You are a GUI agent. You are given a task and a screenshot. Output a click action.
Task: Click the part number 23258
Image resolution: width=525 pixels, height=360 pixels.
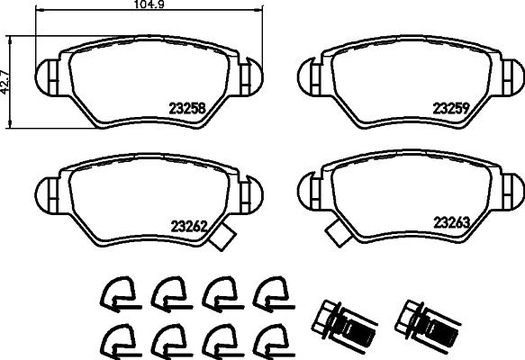(x=188, y=107)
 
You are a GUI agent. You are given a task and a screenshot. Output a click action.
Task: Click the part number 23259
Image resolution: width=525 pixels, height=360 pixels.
(x=454, y=105)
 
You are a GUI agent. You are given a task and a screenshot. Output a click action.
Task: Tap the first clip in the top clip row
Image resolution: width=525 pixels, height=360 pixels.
(x=115, y=291)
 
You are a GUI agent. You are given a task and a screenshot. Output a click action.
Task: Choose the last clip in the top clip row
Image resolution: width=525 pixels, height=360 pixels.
(x=268, y=291)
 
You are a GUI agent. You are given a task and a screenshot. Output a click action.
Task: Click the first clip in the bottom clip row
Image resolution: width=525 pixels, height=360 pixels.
(x=115, y=338)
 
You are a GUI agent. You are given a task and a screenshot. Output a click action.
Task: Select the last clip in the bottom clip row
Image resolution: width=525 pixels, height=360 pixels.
(x=268, y=338)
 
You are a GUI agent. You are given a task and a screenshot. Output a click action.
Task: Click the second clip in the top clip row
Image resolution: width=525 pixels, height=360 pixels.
(x=167, y=291)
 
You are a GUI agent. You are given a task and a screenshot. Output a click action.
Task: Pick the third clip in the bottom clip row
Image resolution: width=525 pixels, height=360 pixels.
(x=218, y=338)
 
